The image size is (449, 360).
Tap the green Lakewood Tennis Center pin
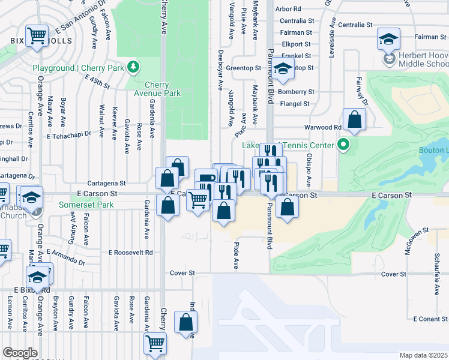[x=343, y=145]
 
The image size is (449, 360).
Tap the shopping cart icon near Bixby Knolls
[x=37, y=35]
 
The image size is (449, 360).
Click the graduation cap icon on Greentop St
[x=283, y=68]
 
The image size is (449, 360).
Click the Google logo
[x=20, y=352]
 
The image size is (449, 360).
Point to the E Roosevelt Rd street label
[x=130, y=252]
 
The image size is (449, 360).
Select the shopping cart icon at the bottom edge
[x=155, y=343]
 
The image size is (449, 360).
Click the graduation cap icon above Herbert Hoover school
[x=388, y=40]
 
